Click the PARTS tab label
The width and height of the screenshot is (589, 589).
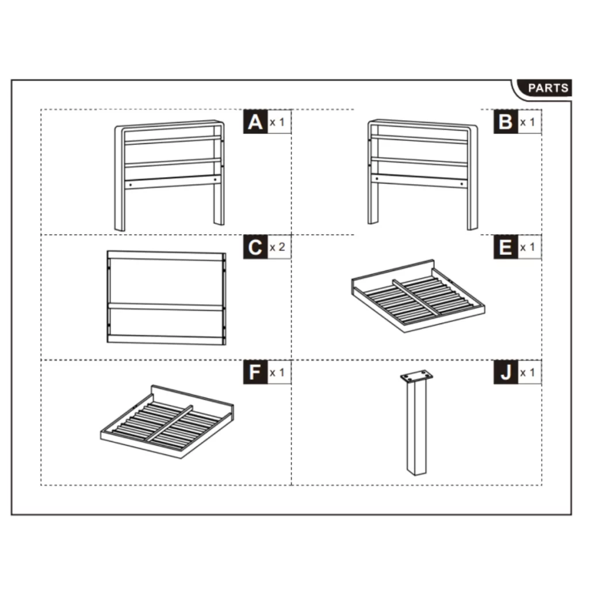[x=548, y=89]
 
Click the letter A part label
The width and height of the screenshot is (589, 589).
[x=255, y=122]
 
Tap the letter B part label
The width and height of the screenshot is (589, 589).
[x=506, y=122]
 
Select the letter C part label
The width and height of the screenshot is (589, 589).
[x=255, y=247]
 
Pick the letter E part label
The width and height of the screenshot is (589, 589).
[x=506, y=247]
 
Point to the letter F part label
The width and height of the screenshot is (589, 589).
[x=255, y=373]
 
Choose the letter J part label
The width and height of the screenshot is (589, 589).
[x=506, y=373]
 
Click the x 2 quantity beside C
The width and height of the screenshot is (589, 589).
[x=278, y=248]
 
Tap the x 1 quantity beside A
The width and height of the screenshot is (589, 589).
[x=278, y=123]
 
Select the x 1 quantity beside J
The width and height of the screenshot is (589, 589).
[x=528, y=373]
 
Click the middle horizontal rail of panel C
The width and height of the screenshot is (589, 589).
[x=166, y=307]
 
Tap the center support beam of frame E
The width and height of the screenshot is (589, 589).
[x=416, y=297]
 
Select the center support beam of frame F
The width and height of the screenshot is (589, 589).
[x=168, y=423]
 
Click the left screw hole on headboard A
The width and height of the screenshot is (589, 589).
[x=131, y=185]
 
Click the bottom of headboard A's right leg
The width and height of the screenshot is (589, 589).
[x=219, y=222]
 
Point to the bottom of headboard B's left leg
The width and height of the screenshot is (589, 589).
[x=373, y=221]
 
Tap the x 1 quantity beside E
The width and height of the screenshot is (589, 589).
[x=528, y=248]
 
